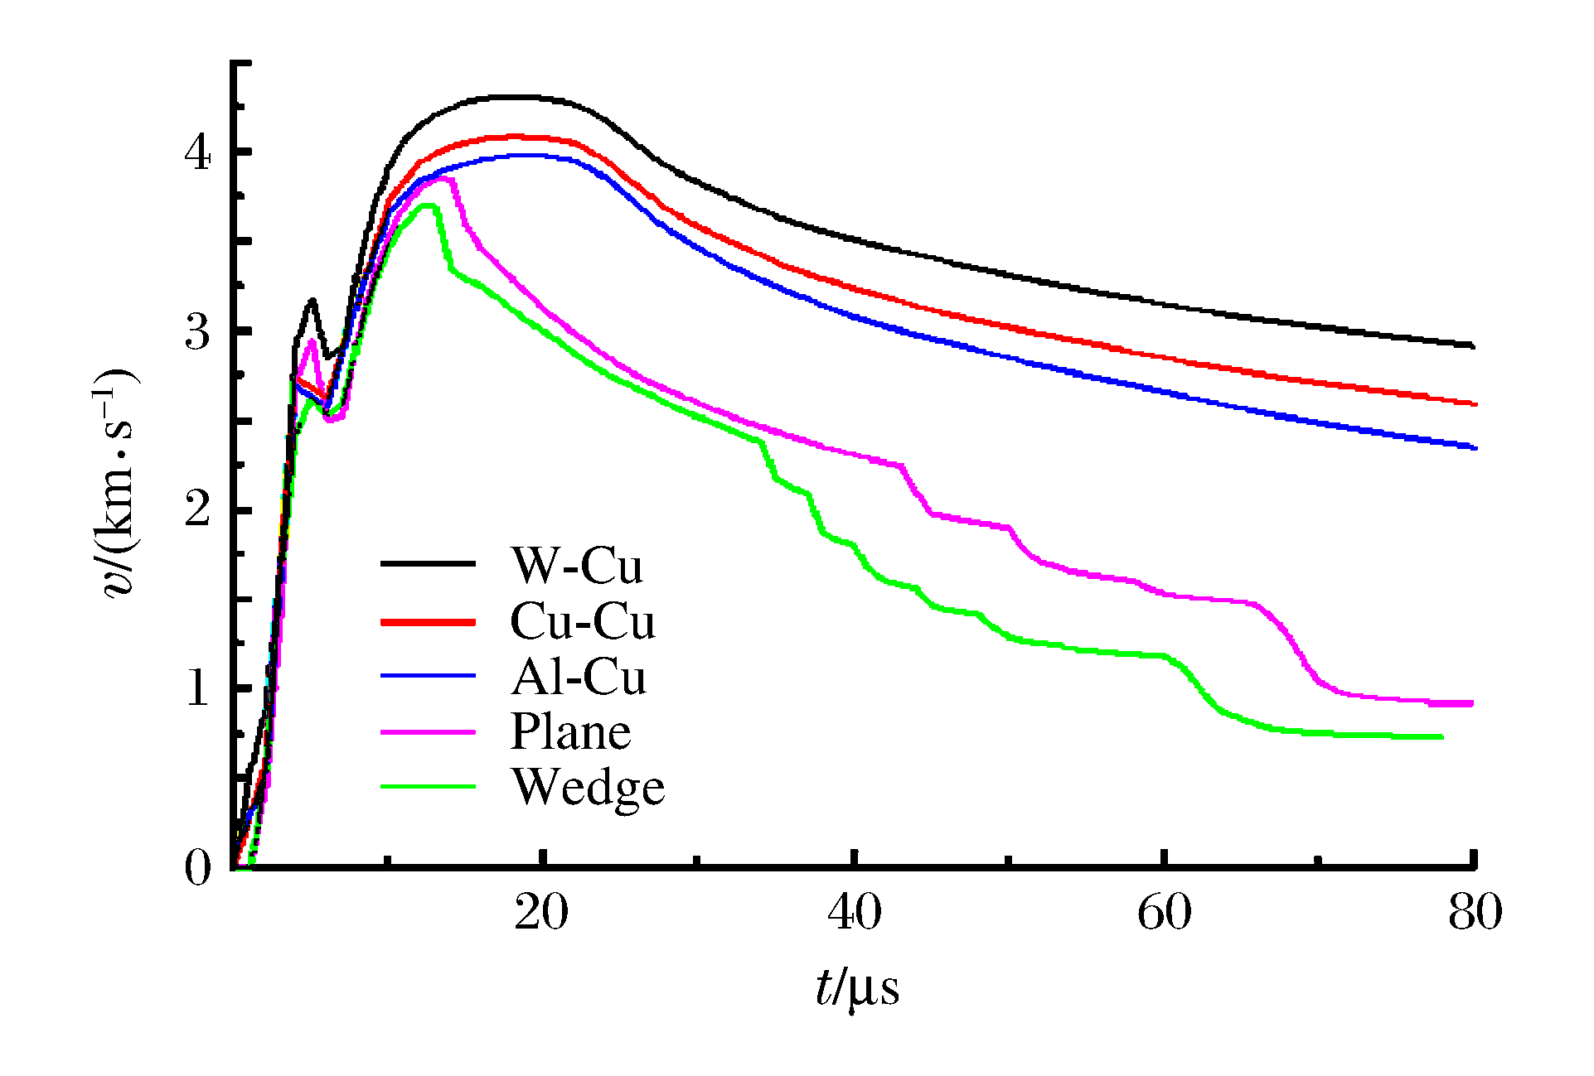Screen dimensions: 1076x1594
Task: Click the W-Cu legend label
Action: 576,566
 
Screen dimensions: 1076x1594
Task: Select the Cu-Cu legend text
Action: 582,621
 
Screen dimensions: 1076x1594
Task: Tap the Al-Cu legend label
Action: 578,677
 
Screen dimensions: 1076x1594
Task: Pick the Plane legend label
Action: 570,732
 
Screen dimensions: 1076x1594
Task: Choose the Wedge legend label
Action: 588,788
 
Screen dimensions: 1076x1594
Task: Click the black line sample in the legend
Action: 428,564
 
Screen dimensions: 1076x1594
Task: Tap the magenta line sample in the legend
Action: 428,732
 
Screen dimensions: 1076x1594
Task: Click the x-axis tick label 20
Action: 541,913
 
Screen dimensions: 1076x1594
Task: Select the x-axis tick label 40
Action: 854,913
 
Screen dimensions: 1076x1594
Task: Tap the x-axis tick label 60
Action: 1164,913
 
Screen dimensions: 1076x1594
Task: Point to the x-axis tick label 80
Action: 1475,913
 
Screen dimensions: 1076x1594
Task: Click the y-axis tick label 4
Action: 198,152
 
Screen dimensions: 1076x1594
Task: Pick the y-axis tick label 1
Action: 198,688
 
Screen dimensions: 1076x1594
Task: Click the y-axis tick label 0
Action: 198,868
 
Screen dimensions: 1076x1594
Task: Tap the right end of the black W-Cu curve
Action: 1473,345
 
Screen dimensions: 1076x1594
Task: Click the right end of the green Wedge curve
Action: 1441,736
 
